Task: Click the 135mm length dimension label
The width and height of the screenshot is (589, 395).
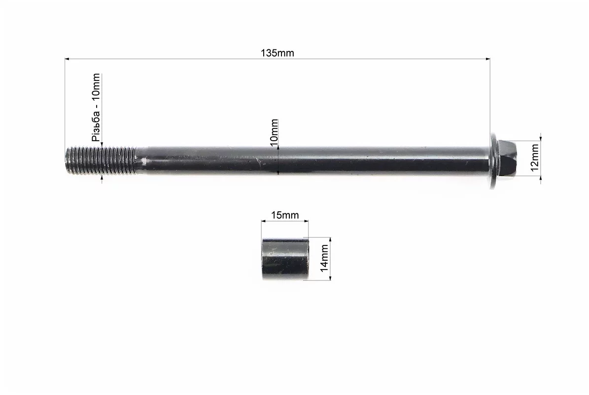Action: (277, 53)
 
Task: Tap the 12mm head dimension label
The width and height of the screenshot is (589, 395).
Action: (535, 157)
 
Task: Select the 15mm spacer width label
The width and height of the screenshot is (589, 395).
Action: (285, 215)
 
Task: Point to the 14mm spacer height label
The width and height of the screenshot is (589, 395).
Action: (324, 258)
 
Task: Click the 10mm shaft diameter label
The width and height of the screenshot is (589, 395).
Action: (274, 132)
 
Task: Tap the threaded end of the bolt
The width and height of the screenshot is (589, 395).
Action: (100, 160)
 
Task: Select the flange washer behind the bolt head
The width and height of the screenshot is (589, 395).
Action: (493, 161)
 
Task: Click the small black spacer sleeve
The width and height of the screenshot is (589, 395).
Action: (285, 258)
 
